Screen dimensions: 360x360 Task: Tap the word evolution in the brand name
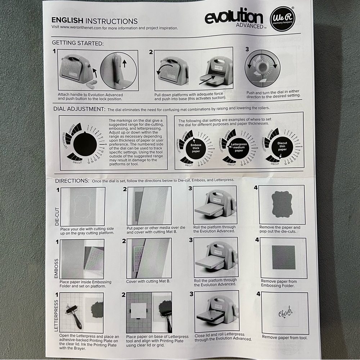tap(234, 17)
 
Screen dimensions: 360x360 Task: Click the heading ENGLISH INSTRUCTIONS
tap(94, 21)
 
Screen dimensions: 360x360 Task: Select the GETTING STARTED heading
tap(78, 43)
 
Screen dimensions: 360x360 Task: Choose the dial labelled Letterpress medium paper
tap(239, 148)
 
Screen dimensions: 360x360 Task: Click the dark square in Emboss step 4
tap(283, 258)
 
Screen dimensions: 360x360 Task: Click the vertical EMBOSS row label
tap(57, 268)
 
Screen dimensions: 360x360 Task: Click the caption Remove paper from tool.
tap(285, 337)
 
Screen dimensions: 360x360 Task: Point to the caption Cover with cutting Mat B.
tap(148, 281)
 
